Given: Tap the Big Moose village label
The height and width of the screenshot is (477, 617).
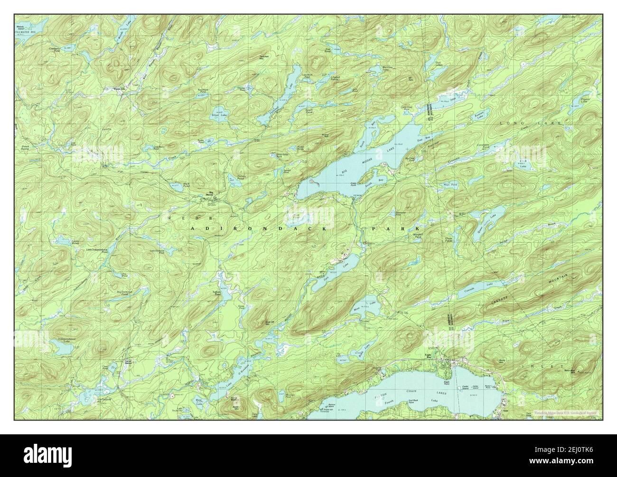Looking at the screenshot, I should [208, 193].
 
